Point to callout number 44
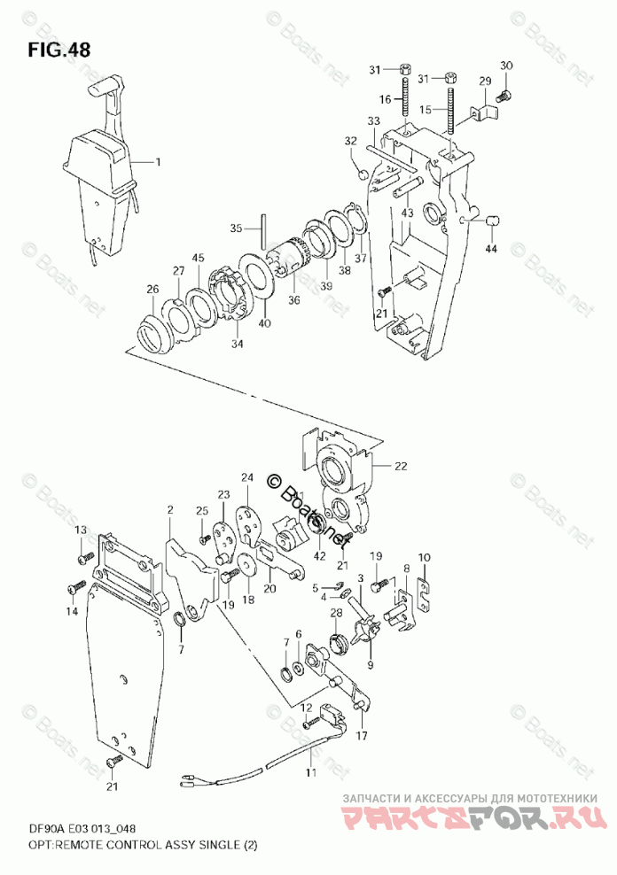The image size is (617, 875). (x=491, y=251)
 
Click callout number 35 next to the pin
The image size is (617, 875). (x=235, y=228)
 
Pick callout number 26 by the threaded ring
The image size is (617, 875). (x=152, y=290)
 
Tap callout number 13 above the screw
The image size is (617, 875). (x=80, y=530)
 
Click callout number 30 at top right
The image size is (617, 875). (x=506, y=66)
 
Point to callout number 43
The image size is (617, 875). (x=407, y=213)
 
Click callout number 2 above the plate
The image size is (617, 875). (x=169, y=510)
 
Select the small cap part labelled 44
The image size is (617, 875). (x=495, y=218)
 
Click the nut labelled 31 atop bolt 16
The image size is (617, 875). (x=404, y=69)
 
